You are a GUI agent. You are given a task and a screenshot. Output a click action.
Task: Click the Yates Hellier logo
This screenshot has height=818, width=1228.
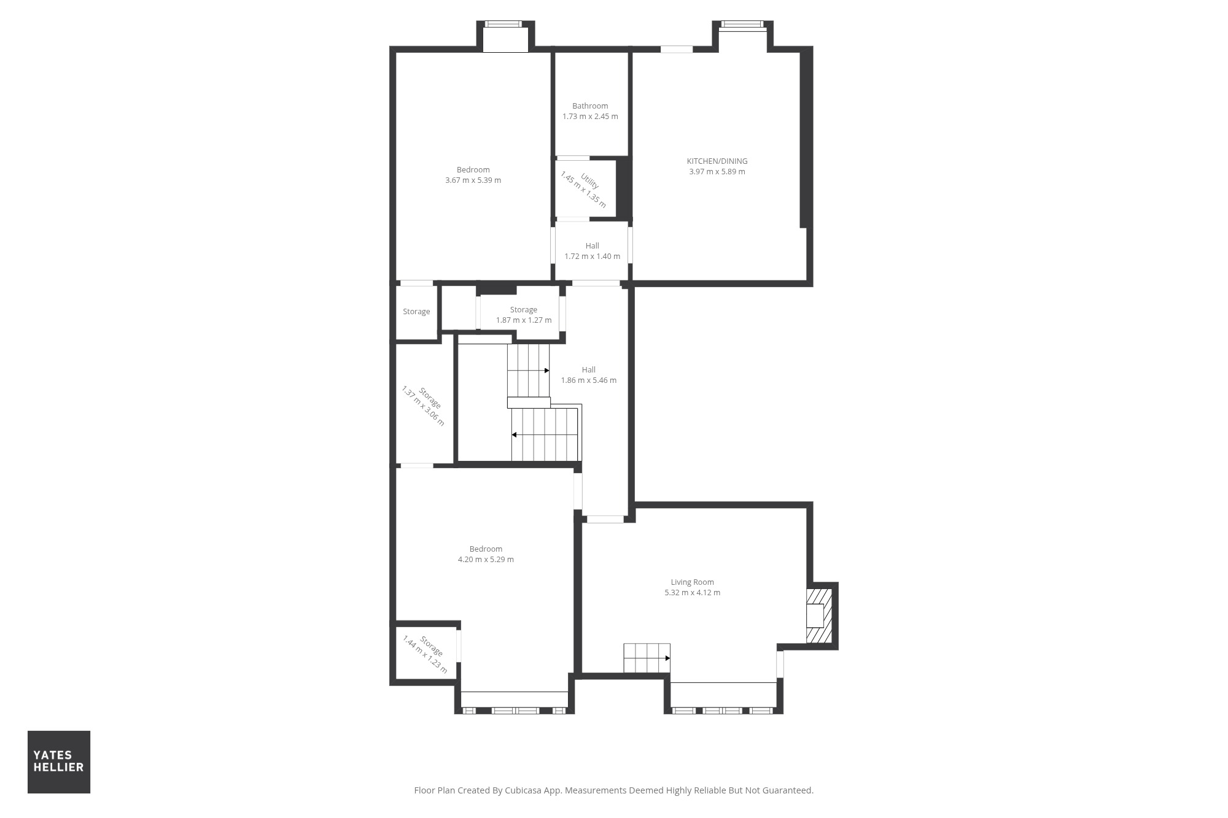[x=59, y=762]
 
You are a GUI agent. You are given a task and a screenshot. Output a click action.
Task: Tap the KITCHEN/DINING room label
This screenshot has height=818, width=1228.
[x=717, y=161]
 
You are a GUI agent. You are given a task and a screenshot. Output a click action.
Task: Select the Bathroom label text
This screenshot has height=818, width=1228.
[x=590, y=106]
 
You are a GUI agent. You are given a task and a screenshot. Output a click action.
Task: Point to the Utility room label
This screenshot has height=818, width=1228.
[x=589, y=182]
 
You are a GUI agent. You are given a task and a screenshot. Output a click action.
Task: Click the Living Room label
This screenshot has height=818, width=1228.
[x=693, y=582]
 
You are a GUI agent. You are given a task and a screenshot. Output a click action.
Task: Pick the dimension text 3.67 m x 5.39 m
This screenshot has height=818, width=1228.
[x=473, y=180]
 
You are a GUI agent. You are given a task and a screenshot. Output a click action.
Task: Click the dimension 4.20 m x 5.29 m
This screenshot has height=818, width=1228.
[x=486, y=560]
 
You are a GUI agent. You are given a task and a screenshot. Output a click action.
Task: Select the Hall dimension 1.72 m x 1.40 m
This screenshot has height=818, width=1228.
[x=593, y=257]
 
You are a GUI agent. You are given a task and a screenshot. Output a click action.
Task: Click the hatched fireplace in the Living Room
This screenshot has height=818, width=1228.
[x=819, y=615]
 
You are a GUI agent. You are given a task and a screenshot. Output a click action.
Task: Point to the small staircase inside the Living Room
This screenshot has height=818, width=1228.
[x=647, y=658]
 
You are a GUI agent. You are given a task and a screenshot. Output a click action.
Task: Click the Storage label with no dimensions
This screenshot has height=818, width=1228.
[x=416, y=312]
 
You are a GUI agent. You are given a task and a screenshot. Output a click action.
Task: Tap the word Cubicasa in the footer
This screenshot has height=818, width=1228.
[x=522, y=790]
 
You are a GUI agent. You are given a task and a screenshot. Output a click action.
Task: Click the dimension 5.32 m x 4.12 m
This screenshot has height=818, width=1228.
[x=693, y=593]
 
